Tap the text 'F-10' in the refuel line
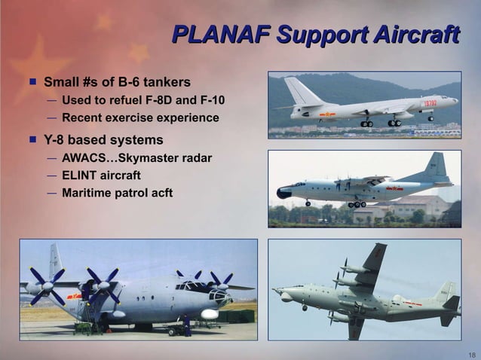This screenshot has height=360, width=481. pos(210,100)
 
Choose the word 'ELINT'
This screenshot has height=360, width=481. pos(81,175)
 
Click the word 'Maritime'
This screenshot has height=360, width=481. pos(87,194)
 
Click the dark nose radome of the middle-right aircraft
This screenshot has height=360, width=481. pos(283,194)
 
